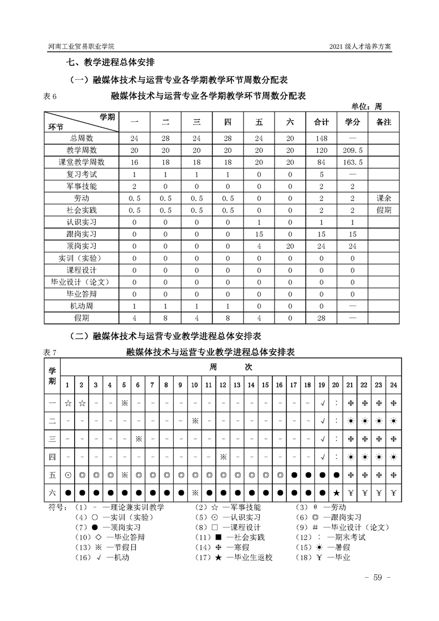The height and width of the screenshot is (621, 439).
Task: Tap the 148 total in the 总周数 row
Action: [322, 138]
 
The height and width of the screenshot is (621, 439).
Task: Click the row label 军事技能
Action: [81, 186]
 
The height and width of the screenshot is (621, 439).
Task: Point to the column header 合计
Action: [322, 122]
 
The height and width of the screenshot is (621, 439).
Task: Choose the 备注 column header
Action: [383, 122]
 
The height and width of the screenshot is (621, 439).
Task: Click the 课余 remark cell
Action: [383, 198]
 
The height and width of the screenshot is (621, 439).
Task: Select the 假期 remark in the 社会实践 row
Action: [383, 210]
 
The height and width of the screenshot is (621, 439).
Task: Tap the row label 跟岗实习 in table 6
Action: [81, 234]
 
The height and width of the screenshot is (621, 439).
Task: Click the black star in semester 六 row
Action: [335, 493]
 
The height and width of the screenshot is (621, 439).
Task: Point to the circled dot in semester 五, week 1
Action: [68, 475]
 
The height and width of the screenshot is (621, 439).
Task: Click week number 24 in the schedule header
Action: [393, 385]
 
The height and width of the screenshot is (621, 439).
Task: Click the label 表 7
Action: [50, 352]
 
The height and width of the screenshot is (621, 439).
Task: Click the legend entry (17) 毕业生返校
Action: [242, 557]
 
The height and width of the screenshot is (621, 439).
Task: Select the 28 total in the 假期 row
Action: [322, 318]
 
